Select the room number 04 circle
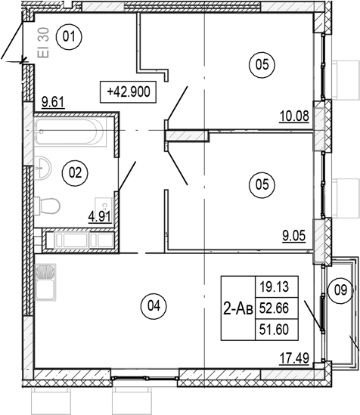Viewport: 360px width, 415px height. tap(154, 306)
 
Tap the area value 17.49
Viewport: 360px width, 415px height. tap(294, 360)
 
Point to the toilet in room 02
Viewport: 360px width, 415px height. tap(50, 206)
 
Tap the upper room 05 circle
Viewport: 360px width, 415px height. tap(262, 66)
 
